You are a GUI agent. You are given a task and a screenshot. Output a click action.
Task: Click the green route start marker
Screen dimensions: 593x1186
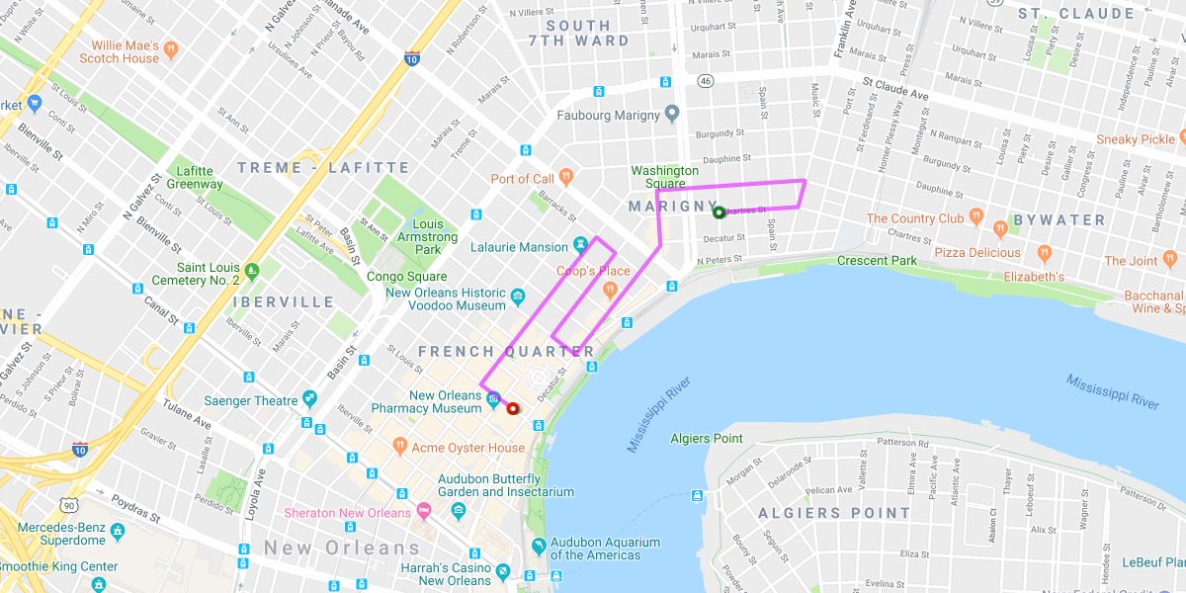click(x=719, y=212)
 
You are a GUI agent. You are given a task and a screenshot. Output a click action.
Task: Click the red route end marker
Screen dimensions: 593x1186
click(x=512, y=408)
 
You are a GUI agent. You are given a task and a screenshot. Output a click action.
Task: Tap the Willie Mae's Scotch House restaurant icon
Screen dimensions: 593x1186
click(x=172, y=46)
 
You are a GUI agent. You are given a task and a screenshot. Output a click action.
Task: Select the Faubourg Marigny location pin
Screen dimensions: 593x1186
click(x=672, y=115)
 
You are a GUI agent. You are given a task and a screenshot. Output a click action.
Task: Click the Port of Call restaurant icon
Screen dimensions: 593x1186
click(x=566, y=178)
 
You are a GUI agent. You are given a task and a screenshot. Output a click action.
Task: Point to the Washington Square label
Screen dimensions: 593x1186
click(x=665, y=177)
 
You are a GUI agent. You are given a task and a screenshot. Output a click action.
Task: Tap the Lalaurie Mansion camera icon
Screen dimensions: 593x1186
click(x=581, y=245)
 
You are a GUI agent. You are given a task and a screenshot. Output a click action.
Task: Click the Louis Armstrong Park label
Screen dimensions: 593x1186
click(x=427, y=237)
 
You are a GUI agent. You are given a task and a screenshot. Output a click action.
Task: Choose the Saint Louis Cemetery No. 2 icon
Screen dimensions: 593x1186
click(x=252, y=269)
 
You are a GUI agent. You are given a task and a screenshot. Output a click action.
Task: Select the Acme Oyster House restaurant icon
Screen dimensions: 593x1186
click(x=400, y=447)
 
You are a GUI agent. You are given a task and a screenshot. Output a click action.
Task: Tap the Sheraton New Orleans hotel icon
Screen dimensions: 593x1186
click(x=425, y=512)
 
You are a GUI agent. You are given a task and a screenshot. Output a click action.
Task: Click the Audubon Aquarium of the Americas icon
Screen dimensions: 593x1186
click(x=539, y=546)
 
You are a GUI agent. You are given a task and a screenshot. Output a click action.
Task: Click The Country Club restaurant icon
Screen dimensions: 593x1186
click(x=976, y=215)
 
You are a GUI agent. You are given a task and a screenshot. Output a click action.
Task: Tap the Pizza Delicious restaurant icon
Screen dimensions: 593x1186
click(x=1001, y=229)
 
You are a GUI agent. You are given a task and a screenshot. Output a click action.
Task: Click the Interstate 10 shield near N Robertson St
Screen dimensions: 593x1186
click(x=411, y=59)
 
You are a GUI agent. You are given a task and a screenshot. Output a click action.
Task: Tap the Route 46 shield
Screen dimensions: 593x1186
click(x=705, y=81)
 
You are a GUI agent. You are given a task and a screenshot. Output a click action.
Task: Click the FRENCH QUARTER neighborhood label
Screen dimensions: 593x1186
click(x=506, y=352)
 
